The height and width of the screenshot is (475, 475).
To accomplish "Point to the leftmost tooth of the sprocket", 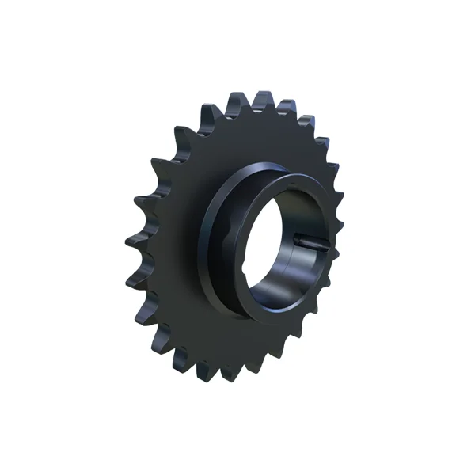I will (x=131, y=237).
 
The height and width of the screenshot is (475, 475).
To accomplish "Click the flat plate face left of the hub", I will (x=170, y=237).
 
